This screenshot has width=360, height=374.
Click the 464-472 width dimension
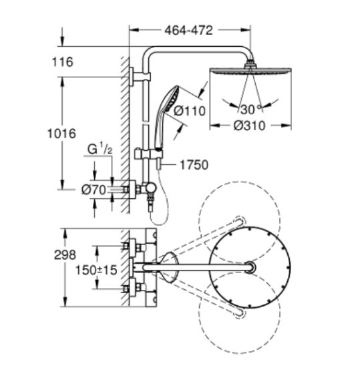188,30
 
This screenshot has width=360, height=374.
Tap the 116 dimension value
63,62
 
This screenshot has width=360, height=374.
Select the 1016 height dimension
62,134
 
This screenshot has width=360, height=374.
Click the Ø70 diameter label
94,190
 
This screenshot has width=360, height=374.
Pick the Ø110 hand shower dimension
190,111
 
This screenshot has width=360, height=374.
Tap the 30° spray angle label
252,110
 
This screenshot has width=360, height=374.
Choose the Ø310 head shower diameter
249,126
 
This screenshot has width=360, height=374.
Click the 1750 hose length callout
194,165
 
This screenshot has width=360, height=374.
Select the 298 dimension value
65,254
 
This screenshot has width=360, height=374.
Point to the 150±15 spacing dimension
96,270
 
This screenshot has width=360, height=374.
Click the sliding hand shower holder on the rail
148,154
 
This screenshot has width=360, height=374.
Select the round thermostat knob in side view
151,188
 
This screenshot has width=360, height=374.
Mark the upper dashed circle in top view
239,221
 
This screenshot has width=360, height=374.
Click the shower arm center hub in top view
250,266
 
